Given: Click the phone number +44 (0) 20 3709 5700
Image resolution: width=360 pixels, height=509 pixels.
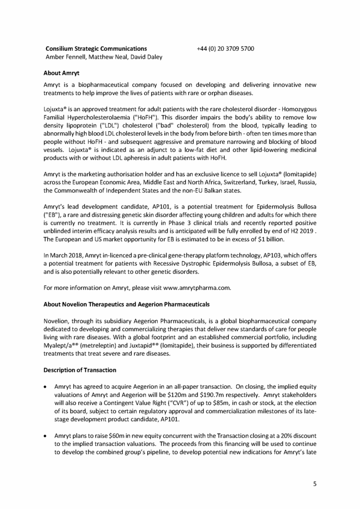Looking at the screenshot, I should point(225,49).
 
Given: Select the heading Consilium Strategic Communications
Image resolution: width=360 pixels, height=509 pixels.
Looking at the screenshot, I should point(96,49).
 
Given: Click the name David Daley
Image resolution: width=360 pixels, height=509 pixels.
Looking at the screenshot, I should point(147,57).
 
